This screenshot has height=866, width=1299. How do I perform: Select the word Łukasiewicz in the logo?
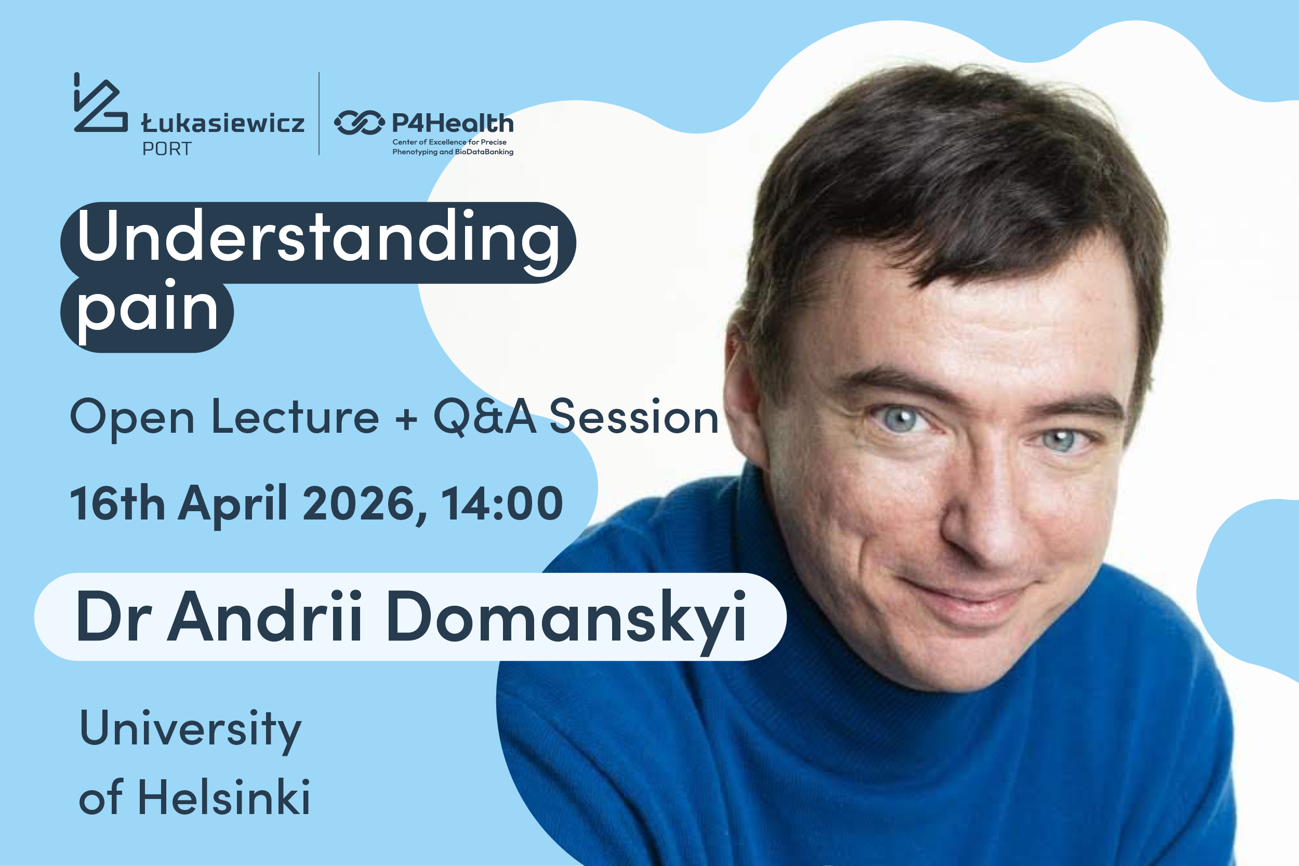pos(222,123)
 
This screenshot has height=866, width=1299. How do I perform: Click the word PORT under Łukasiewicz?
pos(167,149)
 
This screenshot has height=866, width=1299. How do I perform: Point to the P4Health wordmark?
pos(453,123)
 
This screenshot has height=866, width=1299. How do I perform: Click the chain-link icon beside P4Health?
pos(359,123)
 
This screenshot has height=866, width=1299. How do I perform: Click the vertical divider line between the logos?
pos(319,113)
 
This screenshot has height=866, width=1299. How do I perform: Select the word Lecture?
pos(296,417)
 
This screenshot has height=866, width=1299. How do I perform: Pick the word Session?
pos(634,417)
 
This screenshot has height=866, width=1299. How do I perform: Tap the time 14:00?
pos(501,503)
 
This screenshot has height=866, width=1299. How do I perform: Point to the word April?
pos(232,505)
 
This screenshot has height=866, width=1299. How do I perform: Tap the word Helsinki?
pos(223,797)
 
